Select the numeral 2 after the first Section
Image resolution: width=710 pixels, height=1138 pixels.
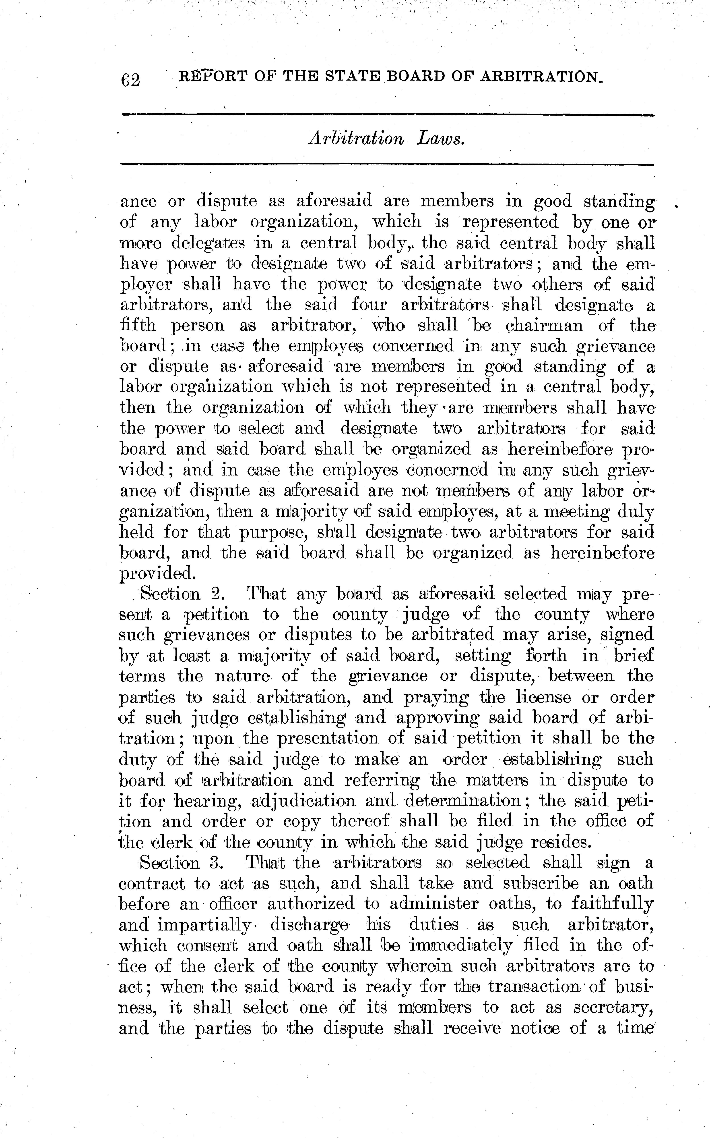pos(217,594)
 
